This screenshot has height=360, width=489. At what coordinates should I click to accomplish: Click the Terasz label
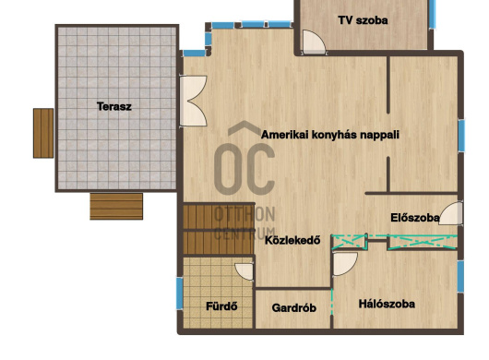(x=114, y=106)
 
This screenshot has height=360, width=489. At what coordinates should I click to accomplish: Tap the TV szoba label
(x=363, y=20)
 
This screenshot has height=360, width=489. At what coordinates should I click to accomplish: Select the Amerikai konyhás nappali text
(x=330, y=135)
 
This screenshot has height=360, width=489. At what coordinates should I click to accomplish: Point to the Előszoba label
(x=415, y=218)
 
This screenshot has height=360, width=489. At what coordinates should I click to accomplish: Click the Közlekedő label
(x=292, y=240)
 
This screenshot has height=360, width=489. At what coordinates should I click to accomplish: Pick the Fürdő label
(x=221, y=306)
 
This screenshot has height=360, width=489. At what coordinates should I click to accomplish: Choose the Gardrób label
(x=293, y=308)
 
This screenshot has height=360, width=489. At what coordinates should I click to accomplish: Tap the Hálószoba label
(x=387, y=304)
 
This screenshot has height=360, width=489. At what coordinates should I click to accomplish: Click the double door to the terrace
(x=193, y=101)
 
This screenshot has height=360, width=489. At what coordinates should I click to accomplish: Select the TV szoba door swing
(x=314, y=42)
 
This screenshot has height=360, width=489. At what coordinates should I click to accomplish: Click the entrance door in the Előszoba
(x=451, y=213)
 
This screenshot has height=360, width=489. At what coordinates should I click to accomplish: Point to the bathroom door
(x=244, y=271)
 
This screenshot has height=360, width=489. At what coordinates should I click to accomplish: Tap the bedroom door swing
(x=345, y=264)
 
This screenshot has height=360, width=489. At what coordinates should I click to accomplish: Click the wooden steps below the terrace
(x=116, y=207)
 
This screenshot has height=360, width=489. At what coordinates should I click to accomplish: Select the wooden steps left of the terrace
(x=43, y=133)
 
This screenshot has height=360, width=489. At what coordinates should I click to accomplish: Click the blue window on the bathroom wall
(x=180, y=294)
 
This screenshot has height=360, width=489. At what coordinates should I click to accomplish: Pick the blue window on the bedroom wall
(x=460, y=277)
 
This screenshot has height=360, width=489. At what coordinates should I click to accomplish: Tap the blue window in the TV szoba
(x=432, y=15)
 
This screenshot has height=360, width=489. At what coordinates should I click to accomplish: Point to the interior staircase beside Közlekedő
(x=219, y=229)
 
